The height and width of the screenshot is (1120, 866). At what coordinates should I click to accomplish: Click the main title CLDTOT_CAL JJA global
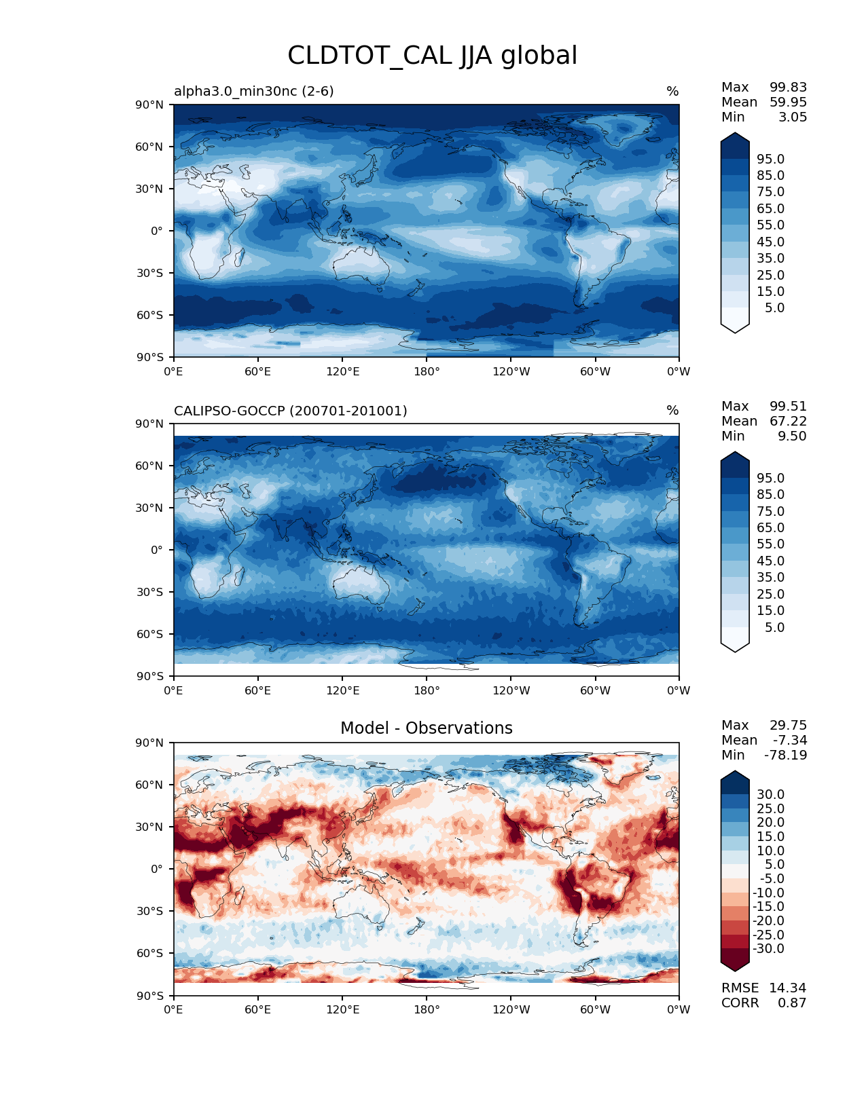coord(432,56)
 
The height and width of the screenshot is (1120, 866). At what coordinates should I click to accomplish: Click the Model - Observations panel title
coord(426,728)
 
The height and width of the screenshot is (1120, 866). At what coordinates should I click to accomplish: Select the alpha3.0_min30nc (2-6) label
coord(253,91)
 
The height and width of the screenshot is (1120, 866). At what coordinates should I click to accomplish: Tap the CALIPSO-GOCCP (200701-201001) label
coord(290,411)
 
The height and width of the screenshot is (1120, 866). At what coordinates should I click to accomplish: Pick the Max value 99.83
coord(788,87)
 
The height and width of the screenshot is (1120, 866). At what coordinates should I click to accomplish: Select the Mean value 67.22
coord(788,421)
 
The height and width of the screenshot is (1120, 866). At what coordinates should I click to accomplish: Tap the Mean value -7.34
coord(789,740)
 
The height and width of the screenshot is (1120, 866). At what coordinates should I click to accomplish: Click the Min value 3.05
coord(793,117)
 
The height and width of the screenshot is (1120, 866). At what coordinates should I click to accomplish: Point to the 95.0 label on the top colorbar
coord(770,159)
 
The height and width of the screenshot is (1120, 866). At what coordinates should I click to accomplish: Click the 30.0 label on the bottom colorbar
coord(770,794)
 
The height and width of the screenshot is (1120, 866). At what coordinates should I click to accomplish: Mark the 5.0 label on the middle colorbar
coord(774,627)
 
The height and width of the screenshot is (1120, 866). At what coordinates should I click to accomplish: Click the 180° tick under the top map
coord(427,371)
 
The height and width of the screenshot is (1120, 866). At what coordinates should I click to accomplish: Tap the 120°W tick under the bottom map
coord(511,1009)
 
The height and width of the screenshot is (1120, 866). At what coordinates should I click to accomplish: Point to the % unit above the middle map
coord(672,411)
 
